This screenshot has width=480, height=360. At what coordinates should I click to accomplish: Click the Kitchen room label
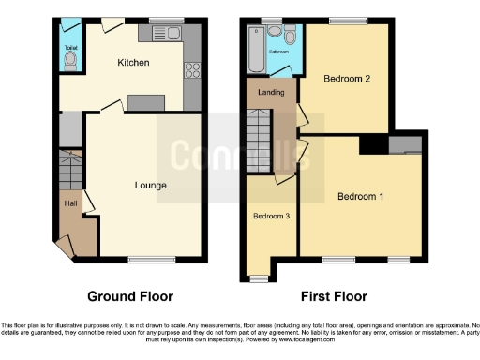[131, 63]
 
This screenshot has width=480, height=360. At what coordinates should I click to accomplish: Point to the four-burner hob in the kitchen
[192, 68]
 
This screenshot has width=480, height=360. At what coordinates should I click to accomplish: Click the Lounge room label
[150, 186]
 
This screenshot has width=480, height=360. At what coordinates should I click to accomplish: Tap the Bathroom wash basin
[274, 30]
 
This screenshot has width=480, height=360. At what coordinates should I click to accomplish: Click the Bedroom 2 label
[344, 80]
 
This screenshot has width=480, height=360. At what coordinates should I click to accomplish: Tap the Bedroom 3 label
[270, 217]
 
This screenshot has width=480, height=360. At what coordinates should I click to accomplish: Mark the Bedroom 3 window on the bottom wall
[259, 278]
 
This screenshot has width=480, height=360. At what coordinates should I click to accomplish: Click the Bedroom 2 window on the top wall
[349, 20]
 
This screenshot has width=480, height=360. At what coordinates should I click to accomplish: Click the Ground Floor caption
[130, 296]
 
